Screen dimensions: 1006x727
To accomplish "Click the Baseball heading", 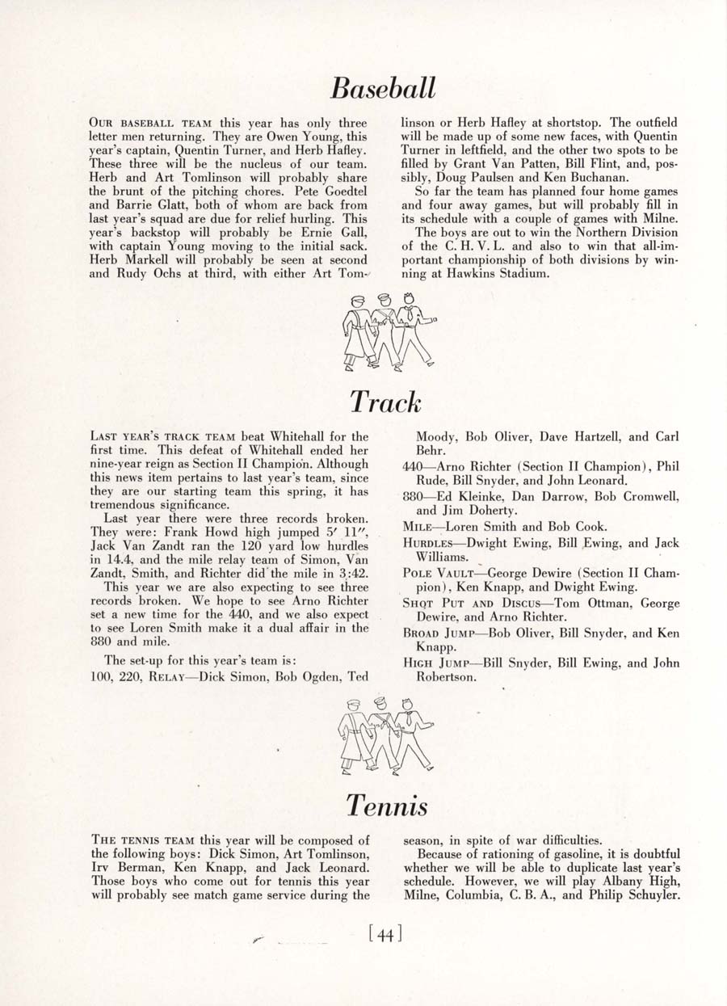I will pos(385,87).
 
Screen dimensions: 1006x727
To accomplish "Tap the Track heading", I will pos(385,401).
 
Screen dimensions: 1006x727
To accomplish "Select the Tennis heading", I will pos(387,804).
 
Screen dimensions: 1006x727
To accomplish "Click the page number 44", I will pos(385,936).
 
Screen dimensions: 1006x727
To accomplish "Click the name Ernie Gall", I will pos(333,232).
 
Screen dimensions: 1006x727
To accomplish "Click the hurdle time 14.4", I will pos(107,558).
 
